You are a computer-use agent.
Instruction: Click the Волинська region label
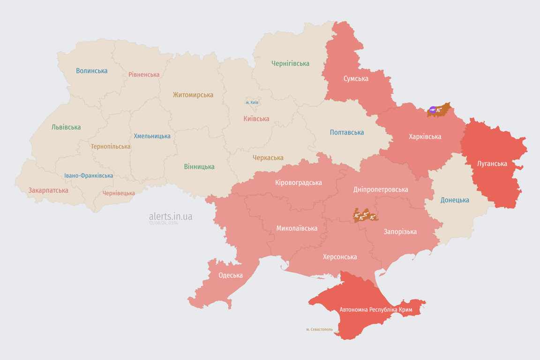coord(92,71)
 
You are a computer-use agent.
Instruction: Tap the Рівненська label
coord(144,75)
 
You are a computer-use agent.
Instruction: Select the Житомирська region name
coord(193,95)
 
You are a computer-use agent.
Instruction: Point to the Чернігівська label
coord(290,63)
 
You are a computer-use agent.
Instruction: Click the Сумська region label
coord(356,78)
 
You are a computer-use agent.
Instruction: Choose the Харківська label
coord(425,136)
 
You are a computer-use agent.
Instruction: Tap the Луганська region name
coord(492,164)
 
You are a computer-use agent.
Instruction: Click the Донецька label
coord(455,200)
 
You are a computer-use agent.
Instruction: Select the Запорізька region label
coord(400,232)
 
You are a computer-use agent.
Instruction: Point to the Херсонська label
coord(339,257)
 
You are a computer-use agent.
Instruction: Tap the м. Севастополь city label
coord(319,330)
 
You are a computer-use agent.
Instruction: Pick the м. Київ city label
coord(252,102)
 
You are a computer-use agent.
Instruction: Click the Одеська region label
coord(231,275)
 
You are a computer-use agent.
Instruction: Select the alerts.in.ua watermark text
coord(170,216)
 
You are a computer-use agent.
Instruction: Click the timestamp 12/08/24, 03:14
coord(164,223)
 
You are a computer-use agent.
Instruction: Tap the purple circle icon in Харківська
coord(433,110)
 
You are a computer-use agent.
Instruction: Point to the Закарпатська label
coord(48,190)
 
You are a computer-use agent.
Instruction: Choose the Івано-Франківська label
coord(89,176)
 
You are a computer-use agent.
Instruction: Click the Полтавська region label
coord(347,132)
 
